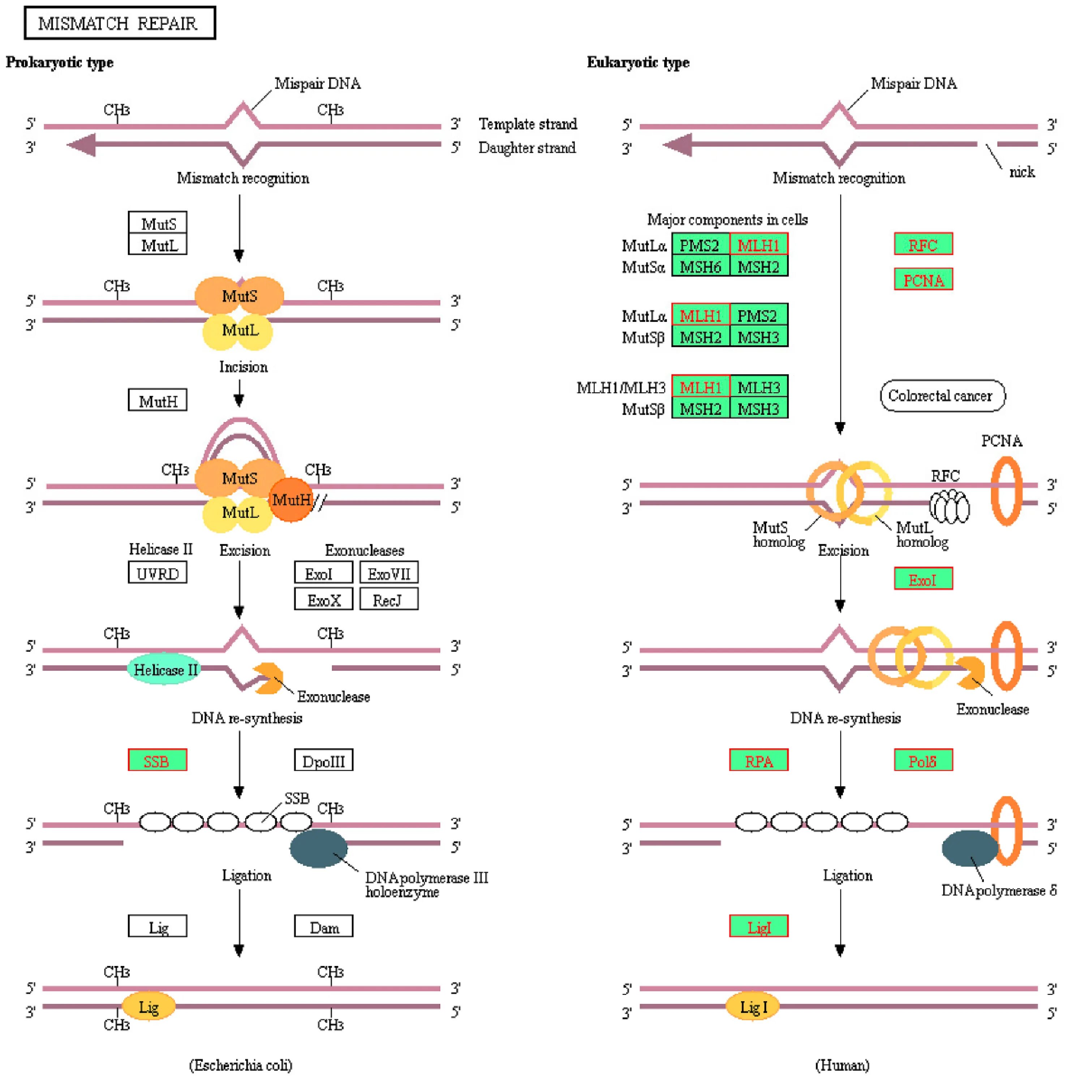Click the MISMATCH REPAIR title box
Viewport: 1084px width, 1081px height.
click(x=120, y=23)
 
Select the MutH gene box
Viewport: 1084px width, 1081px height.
click(x=157, y=400)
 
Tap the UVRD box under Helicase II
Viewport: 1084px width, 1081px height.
click(x=157, y=573)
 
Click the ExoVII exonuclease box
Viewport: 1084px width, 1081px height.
click(x=388, y=573)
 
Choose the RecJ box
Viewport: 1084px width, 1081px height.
click(x=388, y=599)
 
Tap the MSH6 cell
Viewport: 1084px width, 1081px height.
click(x=700, y=266)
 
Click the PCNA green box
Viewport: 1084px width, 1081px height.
click(x=923, y=279)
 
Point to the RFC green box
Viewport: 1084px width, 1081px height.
click(x=923, y=244)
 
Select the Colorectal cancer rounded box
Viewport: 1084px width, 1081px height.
click(x=942, y=396)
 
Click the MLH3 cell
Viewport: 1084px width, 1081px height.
click(x=758, y=387)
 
